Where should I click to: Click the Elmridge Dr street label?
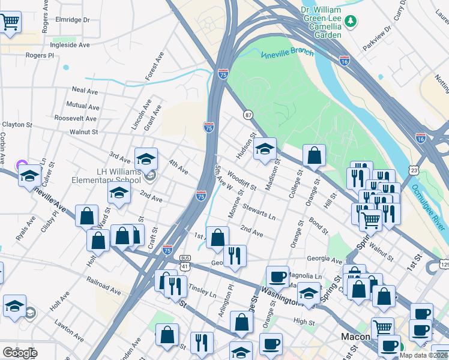[x=73, y=20]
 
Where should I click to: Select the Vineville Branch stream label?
[x=287, y=53]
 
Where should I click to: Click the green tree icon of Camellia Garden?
[x=351, y=23]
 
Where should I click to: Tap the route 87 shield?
[x=247, y=115]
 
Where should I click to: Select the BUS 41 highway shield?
[x=185, y=262]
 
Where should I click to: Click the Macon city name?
[x=355, y=337]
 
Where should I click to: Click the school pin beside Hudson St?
[x=264, y=150]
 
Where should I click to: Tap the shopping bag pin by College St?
[x=314, y=157]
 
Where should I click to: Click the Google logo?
[x=20, y=353]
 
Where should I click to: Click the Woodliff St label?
[x=242, y=182]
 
